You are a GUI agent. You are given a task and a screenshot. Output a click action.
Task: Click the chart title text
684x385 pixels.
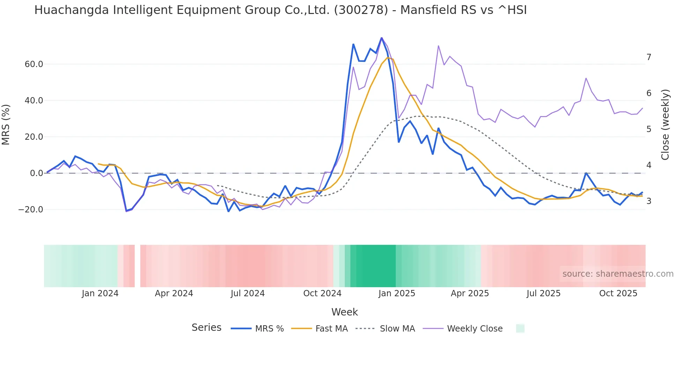point(280,10)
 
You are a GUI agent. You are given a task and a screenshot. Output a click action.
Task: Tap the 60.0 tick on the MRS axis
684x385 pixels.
point(34,64)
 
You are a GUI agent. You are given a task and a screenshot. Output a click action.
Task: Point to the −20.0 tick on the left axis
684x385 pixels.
point(31,210)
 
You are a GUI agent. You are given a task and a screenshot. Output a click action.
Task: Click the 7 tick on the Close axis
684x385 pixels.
point(649,57)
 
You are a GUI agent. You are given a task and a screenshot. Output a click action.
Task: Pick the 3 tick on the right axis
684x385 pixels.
point(649,201)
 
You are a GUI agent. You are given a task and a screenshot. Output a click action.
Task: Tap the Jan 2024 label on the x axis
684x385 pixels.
point(100,293)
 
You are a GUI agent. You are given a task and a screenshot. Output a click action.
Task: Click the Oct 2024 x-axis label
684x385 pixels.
point(322,293)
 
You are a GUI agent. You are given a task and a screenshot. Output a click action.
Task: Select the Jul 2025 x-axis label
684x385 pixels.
point(543,293)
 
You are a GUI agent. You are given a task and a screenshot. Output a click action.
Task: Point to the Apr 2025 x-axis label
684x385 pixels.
point(470,293)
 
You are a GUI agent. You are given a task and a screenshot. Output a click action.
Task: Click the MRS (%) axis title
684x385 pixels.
point(6,124)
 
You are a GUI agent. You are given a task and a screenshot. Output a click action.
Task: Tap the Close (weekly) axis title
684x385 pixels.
point(665,124)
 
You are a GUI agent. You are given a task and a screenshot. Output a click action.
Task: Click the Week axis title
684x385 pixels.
point(344,312)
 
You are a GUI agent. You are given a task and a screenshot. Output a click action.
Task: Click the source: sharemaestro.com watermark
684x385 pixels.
point(618,274)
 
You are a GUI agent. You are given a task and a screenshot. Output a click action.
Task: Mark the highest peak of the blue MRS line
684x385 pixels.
point(381,38)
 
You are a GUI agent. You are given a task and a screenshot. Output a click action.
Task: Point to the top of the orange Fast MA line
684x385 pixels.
point(388,58)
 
